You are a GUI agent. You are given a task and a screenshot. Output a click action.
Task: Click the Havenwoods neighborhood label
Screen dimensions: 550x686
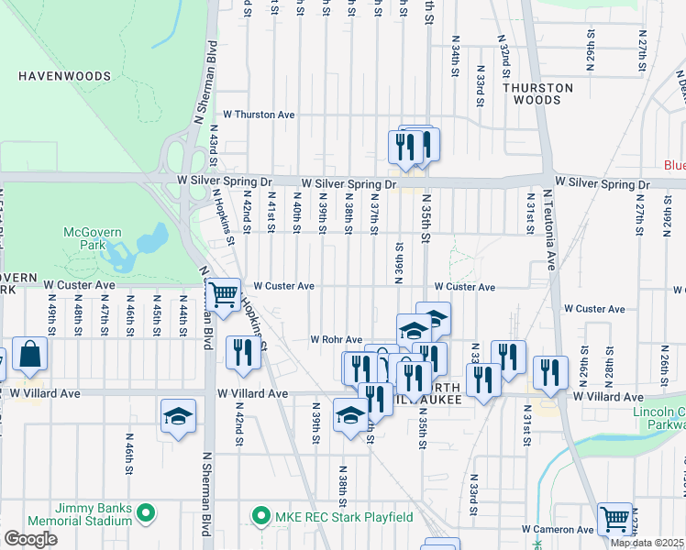pyautogui.click(x=64, y=76)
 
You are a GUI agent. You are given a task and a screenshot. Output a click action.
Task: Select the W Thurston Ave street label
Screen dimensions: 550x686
pyautogui.click(x=252, y=115)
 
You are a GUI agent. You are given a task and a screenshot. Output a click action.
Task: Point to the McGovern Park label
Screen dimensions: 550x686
pyautogui.click(x=92, y=239)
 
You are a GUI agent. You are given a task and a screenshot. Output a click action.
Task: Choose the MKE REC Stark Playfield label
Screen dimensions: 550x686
pyautogui.click(x=344, y=516)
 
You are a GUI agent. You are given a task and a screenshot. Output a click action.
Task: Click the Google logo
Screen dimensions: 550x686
pyautogui.click(x=30, y=539)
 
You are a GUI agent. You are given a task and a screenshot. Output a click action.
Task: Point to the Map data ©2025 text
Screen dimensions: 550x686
pyautogui.click(x=647, y=543)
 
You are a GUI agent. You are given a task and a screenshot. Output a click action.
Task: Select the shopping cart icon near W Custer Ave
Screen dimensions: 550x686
pyautogui.click(x=223, y=294)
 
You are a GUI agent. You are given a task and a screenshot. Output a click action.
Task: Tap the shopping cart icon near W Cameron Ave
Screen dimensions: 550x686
pyautogui.click(x=614, y=518)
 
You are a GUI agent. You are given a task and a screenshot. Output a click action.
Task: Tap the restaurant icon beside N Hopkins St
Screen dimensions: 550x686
pyautogui.click(x=243, y=351)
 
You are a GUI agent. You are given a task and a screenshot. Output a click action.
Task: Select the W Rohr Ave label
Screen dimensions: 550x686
pyautogui.click(x=337, y=339)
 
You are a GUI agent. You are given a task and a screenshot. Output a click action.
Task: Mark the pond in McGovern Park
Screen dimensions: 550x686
pyautogui.click(x=147, y=245)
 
